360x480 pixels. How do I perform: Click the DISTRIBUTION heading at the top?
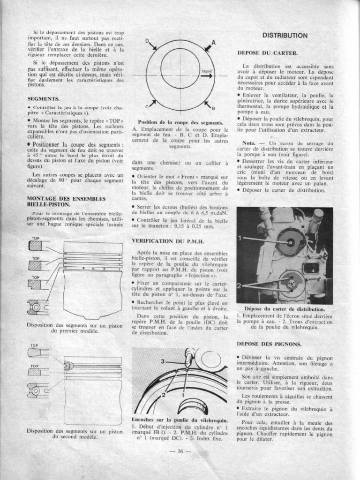(285, 35)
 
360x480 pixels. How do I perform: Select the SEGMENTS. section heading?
(44, 99)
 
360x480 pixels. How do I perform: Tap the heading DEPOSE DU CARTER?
(268, 53)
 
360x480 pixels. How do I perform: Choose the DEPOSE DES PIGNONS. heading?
(269, 344)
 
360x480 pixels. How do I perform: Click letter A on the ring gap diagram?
(213, 42)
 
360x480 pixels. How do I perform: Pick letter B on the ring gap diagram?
(213, 108)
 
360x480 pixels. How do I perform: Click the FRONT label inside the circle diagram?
(207, 72)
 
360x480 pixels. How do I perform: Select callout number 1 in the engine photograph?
(240, 238)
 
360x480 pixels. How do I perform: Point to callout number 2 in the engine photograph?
(240, 285)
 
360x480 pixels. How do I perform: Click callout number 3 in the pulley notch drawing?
(163, 361)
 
